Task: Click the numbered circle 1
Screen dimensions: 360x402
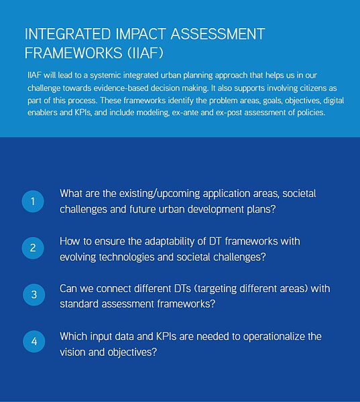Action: tap(33, 201)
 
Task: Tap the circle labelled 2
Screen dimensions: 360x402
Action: tap(33, 248)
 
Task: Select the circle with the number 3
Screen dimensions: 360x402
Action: tap(34, 295)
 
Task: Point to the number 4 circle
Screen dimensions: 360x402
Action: tap(34, 341)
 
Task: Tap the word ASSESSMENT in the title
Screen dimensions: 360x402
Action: tap(218, 34)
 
